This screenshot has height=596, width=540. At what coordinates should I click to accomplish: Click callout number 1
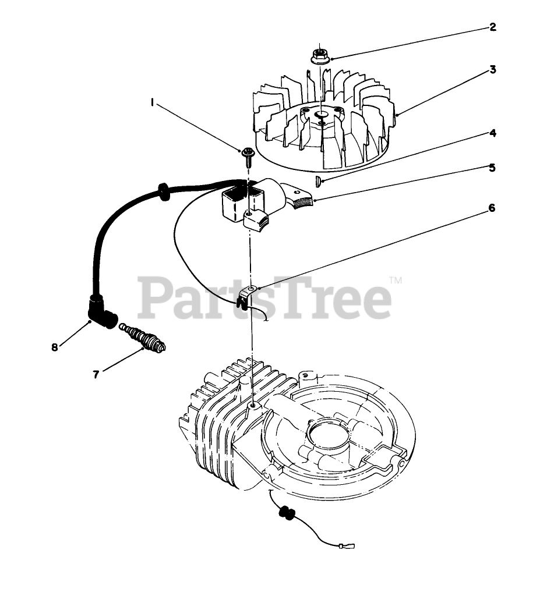click(153, 102)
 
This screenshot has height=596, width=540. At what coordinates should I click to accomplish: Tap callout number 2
click(492, 27)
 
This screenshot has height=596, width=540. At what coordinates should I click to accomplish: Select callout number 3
click(492, 70)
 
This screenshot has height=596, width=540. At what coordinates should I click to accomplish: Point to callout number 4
click(492, 133)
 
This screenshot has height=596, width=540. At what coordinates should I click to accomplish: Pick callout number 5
click(492, 168)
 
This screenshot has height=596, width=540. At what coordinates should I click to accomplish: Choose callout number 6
click(492, 207)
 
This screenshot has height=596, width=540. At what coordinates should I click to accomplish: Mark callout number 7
click(96, 374)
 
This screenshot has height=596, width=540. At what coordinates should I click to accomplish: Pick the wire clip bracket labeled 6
click(247, 296)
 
